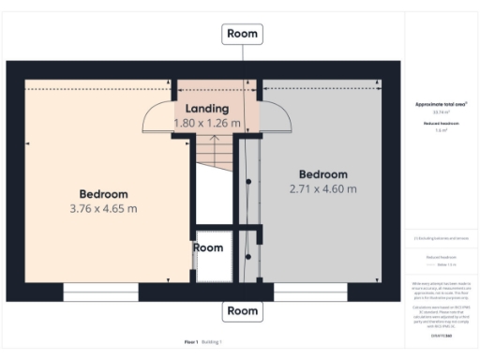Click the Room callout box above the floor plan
coord(242,34)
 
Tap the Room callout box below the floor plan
coord(242,310)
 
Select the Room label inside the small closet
coord(208,247)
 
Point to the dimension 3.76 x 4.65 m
coord(103,208)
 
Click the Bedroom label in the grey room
coord(322,174)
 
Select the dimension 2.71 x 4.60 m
coord(322,189)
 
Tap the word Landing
coord(206,109)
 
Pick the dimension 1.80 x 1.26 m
coord(206,123)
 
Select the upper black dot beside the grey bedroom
coord(248,181)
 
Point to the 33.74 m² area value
coord(442,112)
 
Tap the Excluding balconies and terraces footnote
coord(442,239)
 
